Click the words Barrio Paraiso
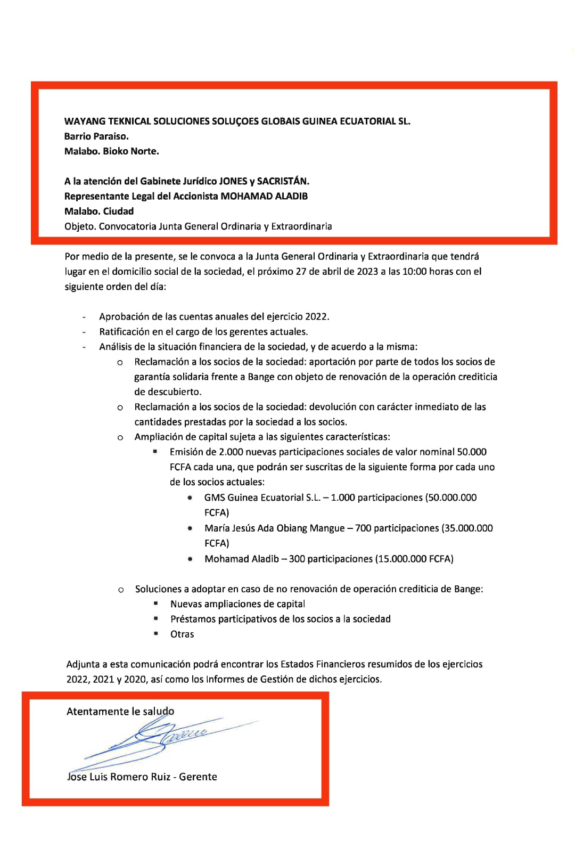[96, 136]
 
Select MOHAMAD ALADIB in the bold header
[264, 196]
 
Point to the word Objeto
[80, 226]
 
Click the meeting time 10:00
[415, 272]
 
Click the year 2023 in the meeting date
[367, 272]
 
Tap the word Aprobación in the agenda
[124, 317]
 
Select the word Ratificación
[124, 332]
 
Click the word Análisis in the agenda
[115, 347]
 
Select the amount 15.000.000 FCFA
[415, 559]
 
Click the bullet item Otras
[182, 634]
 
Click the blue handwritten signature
[165, 738]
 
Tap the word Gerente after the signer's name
[198, 777]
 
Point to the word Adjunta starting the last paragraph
[83, 665]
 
